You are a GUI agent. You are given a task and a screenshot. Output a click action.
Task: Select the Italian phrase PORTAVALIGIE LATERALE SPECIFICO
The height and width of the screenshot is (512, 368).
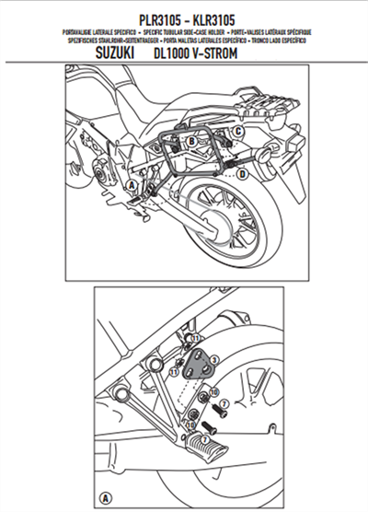92,32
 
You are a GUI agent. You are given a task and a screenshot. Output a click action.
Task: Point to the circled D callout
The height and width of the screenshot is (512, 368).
242,173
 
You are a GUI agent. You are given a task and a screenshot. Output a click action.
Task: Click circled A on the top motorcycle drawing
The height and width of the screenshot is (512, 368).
131,186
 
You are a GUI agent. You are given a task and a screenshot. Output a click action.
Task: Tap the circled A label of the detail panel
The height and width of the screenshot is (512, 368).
107,497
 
